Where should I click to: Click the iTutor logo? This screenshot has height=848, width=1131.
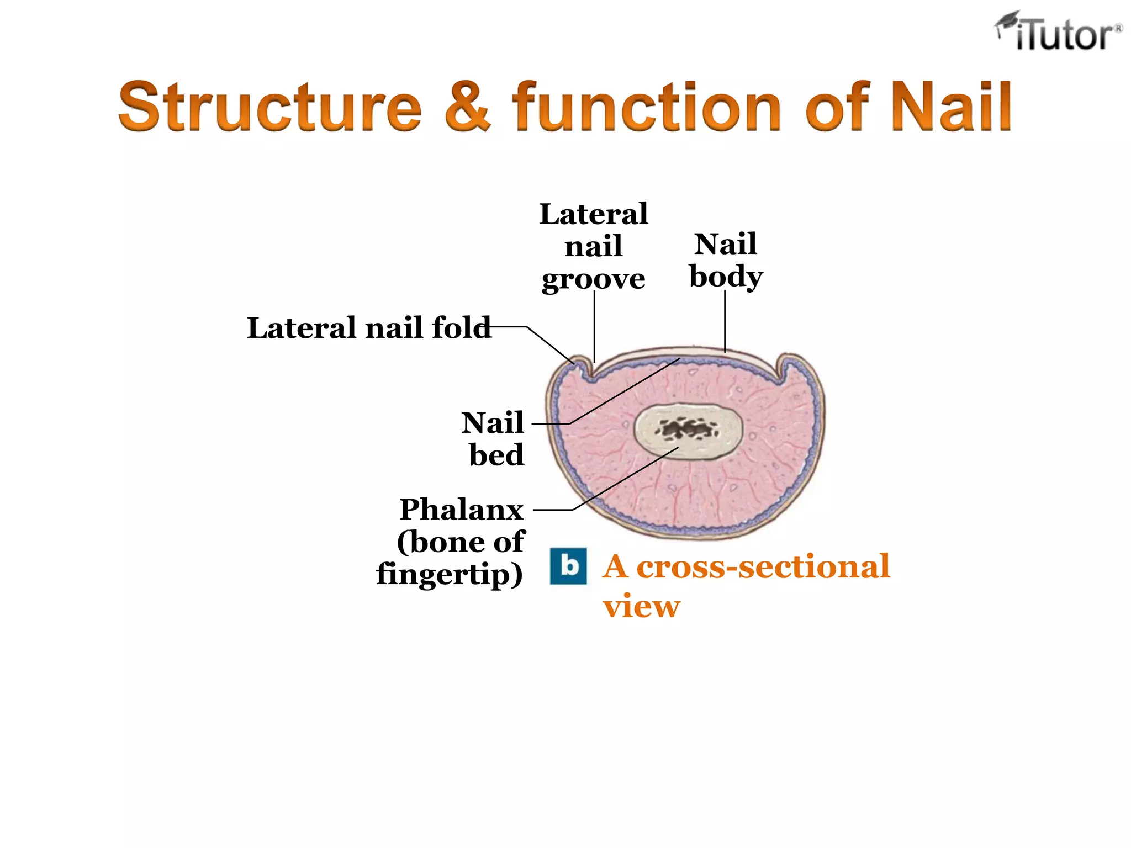(x=1059, y=32)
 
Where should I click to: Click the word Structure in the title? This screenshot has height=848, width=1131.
(x=270, y=107)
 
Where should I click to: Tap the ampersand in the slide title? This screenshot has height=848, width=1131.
(x=467, y=107)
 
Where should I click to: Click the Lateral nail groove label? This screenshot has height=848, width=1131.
(x=594, y=246)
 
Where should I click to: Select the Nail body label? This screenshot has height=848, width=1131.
(x=726, y=260)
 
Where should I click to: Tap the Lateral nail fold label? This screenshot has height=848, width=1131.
(x=369, y=328)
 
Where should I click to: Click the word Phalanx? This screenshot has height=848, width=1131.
(x=462, y=510)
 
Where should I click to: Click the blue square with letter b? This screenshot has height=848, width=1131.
(x=568, y=566)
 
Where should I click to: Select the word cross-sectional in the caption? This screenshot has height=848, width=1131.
(x=763, y=567)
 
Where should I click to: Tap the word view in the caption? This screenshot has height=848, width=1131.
(x=642, y=606)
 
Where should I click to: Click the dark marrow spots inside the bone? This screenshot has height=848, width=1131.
(x=688, y=429)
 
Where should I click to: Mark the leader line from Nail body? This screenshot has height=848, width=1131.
(x=725, y=320)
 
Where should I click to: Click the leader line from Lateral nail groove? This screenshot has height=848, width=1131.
(x=594, y=326)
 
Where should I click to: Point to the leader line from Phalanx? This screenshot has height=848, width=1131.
(x=624, y=479)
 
